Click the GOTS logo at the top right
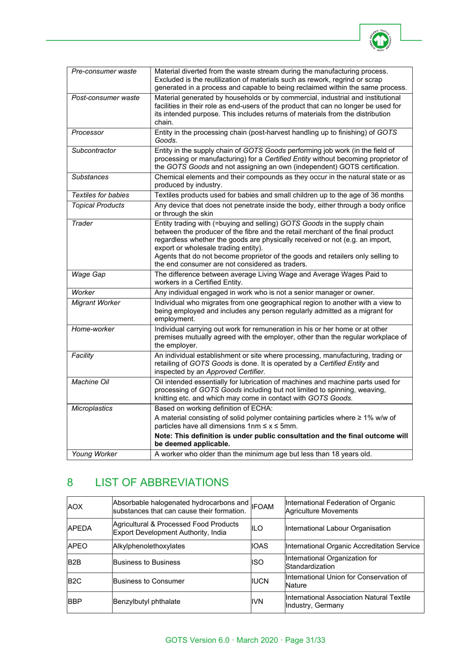380,40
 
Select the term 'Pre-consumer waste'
104,72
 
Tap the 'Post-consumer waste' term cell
105,98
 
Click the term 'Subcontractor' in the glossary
93,150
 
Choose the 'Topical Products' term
98,205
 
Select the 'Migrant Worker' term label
96,302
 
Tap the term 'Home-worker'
93,329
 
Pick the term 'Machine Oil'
90,382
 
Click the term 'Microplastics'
92,408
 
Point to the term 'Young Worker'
94,454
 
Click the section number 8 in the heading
70,482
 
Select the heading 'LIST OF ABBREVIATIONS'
161,482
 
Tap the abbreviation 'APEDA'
79,528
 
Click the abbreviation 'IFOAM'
263,507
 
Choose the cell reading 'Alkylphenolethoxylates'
149,546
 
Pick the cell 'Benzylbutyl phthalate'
147,601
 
